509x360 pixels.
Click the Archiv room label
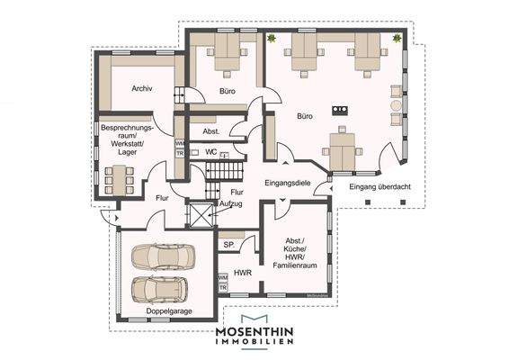coord(140,88)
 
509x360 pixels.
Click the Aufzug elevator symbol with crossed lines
coord(198,216)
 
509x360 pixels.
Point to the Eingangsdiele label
coord(286,184)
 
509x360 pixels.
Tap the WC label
coord(211,152)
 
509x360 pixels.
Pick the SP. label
coord(228,243)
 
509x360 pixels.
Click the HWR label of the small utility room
coord(242,273)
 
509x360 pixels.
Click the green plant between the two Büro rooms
coord(271,38)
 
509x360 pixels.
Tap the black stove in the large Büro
coord(340,110)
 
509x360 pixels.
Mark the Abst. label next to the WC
coord(211,130)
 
